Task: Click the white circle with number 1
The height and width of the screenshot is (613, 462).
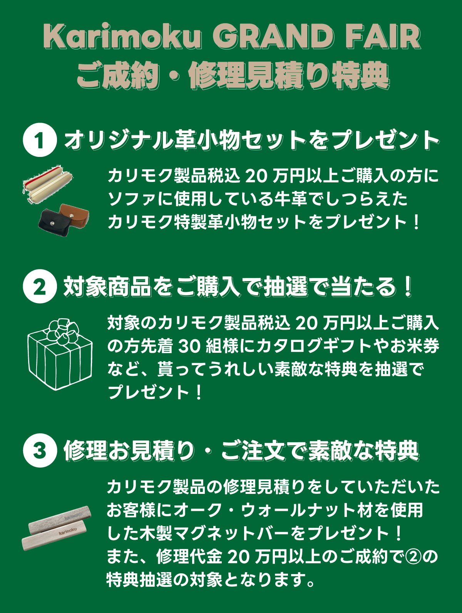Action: pos(40,140)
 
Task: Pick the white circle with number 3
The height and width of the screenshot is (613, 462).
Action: pos(40,450)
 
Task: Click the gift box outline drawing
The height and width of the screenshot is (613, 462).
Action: pos(60,362)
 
